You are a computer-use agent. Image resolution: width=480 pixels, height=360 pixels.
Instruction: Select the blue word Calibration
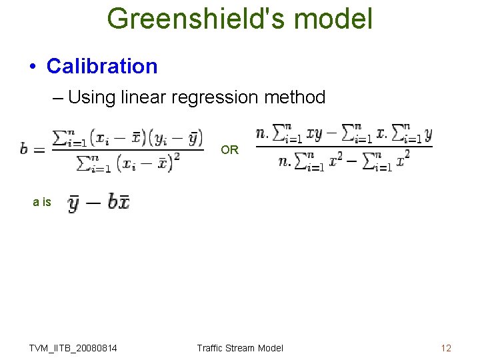102,66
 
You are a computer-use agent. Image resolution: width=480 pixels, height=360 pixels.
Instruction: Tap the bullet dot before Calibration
31,67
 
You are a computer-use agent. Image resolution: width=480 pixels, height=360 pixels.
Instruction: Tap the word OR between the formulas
229,150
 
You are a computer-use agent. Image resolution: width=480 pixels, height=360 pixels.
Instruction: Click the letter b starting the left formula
24,149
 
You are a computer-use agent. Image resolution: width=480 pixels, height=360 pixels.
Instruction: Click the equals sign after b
39,149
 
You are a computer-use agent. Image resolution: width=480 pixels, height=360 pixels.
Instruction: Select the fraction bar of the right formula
344,147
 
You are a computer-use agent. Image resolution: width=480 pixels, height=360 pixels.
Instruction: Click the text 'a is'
42,202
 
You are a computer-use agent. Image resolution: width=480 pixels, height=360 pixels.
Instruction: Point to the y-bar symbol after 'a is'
75,202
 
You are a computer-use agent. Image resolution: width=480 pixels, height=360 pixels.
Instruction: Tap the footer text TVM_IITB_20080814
73,348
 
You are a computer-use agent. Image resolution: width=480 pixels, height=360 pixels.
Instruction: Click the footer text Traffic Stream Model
240,348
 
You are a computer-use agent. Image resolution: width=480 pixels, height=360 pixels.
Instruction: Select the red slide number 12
446,348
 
